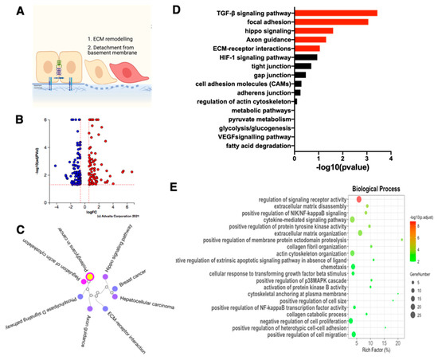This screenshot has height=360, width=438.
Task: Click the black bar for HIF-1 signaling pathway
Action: [306, 57]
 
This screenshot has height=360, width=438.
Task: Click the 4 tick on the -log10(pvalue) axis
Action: [391, 158]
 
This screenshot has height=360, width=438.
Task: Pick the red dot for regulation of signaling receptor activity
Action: [359, 199]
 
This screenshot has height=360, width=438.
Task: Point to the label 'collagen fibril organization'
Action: [306, 245]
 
